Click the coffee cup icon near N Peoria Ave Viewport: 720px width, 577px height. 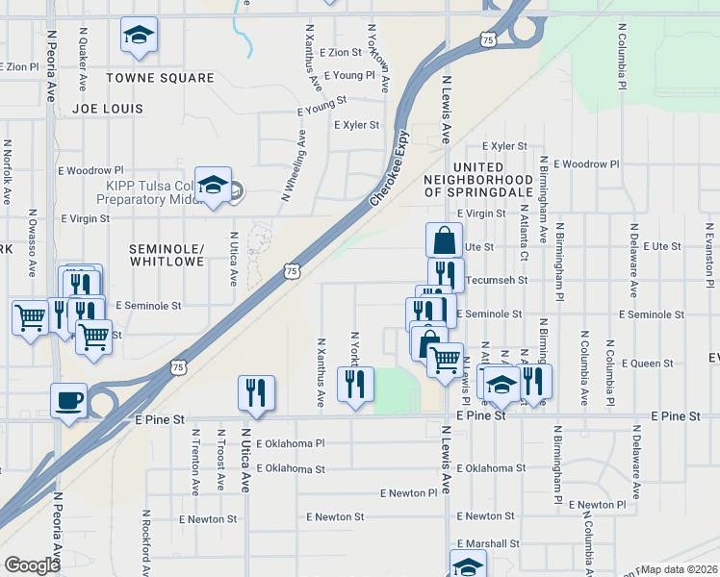(x=67, y=400)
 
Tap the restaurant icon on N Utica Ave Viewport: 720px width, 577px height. (x=256, y=391)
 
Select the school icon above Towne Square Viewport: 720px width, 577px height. (x=140, y=37)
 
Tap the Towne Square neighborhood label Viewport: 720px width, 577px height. (x=160, y=78)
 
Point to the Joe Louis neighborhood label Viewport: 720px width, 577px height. (x=107, y=110)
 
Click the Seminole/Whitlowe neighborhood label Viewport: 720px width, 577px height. (x=167, y=255)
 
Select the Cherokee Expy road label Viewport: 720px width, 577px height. (x=390, y=168)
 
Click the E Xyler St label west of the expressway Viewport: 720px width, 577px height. (x=356, y=125)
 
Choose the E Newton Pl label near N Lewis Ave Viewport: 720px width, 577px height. (x=408, y=492)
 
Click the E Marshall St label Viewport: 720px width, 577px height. (x=488, y=543)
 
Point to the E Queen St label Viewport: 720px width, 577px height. (x=647, y=364)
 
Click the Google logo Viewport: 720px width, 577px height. (x=32, y=564)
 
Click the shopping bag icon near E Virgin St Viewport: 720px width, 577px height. (x=444, y=239)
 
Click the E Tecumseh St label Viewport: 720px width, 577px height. (x=496, y=280)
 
